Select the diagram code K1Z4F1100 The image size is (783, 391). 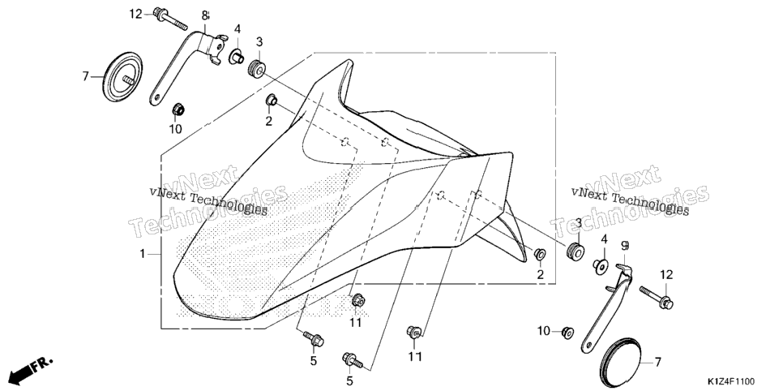[730, 382]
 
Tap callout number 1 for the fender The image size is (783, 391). [143, 254]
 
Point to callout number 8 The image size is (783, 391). [205, 15]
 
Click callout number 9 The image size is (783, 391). [625, 246]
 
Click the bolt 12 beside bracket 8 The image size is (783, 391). [170, 18]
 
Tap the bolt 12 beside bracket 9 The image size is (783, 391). [657, 297]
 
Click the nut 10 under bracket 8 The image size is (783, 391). [178, 109]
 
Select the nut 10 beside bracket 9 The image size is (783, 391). [567, 332]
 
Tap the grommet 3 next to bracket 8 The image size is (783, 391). [257, 68]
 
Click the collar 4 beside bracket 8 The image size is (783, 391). [236, 57]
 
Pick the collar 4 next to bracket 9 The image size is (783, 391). [601, 266]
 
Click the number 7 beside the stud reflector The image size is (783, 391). [85, 76]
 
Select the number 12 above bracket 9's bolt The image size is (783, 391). [666, 274]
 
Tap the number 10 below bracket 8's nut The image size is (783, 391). [175, 129]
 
